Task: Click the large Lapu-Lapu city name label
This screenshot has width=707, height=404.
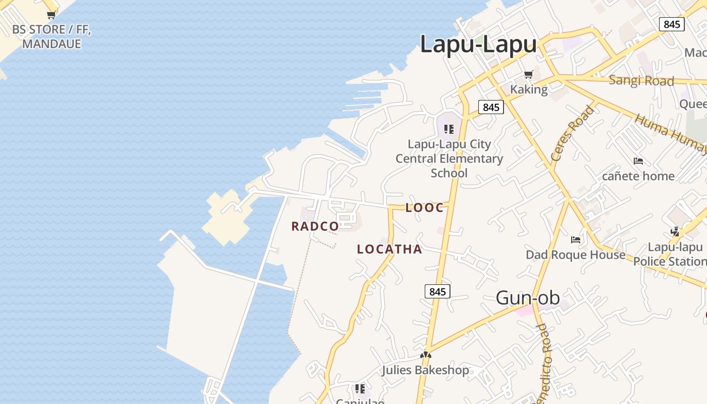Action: (x=478, y=44)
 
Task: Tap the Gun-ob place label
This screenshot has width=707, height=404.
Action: (x=528, y=298)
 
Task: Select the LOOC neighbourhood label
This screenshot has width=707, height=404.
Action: (x=425, y=208)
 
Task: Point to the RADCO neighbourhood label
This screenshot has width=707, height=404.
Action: (x=315, y=226)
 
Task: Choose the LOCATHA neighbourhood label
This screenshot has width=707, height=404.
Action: (x=389, y=249)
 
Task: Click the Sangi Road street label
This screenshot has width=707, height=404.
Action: (x=641, y=80)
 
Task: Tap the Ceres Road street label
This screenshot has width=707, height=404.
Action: (x=573, y=133)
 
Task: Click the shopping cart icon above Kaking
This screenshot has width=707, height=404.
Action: (x=529, y=75)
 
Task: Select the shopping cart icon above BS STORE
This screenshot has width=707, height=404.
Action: (x=51, y=15)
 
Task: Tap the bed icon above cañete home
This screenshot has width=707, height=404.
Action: (x=638, y=161)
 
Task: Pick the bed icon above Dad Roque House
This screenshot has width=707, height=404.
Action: (x=575, y=239)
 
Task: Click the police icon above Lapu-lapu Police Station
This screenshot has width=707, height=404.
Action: (x=675, y=232)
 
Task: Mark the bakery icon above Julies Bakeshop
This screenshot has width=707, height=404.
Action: (x=426, y=355)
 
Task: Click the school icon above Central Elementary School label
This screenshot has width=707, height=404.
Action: (x=449, y=129)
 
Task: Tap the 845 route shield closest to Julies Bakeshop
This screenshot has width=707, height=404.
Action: (x=437, y=291)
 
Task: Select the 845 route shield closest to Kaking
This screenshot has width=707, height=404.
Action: (x=491, y=107)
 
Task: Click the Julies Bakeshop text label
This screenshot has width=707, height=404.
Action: (x=425, y=370)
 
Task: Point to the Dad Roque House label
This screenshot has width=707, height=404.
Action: (x=575, y=255)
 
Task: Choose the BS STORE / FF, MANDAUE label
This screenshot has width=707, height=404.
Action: (x=52, y=36)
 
